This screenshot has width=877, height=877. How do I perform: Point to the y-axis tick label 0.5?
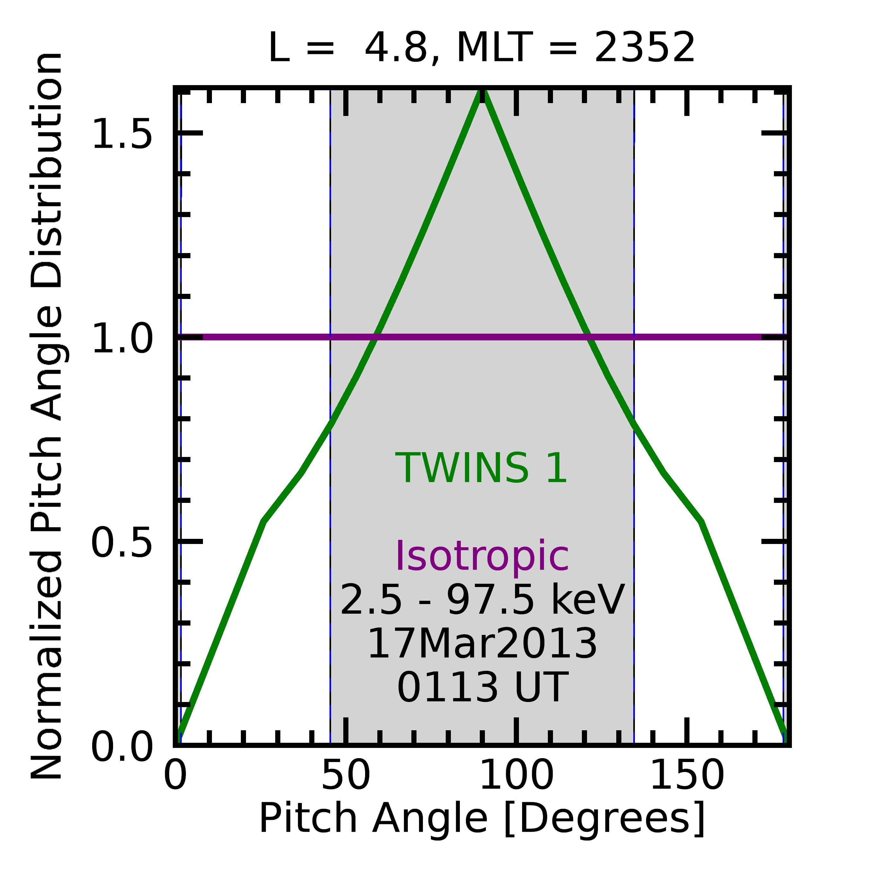(x=122, y=543)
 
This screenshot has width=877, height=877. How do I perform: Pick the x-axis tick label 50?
(x=346, y=776)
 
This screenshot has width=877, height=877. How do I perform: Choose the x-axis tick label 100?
(x=516, y=776)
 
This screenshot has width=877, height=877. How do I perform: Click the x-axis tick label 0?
(x=175, y=776)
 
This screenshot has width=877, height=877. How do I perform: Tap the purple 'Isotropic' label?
(x=482, y=557)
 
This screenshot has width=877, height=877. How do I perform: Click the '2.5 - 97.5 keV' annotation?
(x=482, y=600)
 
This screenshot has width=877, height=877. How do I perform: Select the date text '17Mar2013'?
(x=482, y=644)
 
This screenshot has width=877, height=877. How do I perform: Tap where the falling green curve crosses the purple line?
(x=588, y=337)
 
